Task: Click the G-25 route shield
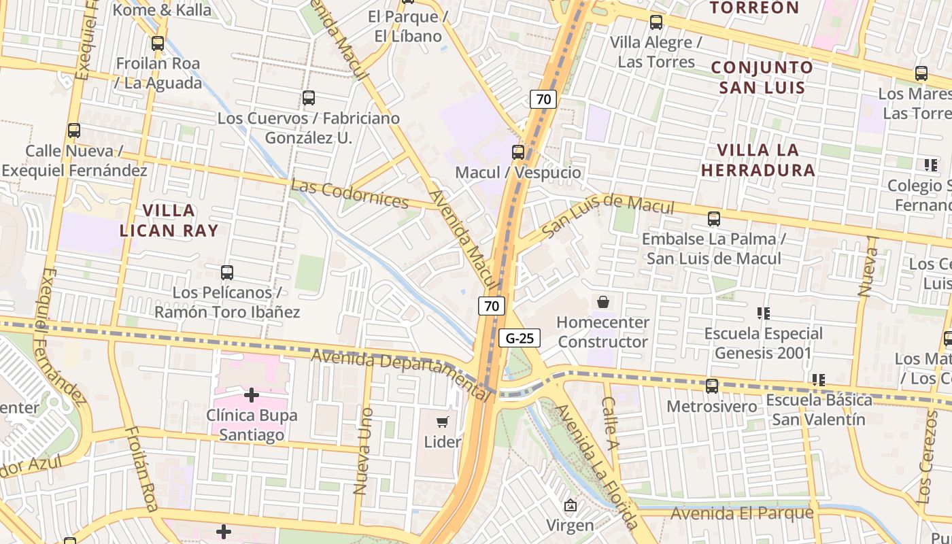click(520, 338)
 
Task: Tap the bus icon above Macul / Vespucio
click(518, 152)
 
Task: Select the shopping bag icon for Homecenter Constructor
click(602, 302)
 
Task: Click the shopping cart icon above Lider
click(443, 422)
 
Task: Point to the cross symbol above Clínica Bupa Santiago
click(252, 394)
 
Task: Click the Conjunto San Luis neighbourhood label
click(762, 78)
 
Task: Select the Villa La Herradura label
click(758, 160)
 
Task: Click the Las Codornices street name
click(350, 194)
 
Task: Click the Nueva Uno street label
click(364, 460)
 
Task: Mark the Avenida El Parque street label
click(742, 513)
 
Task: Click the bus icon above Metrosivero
click(711, 386)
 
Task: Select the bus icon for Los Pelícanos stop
click(227, 273)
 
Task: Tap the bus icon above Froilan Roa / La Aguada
click(158, 44)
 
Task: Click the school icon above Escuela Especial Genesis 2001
click(763, 313)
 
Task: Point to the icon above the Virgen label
click(570, 505)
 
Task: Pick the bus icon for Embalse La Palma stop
click(713, 219)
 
